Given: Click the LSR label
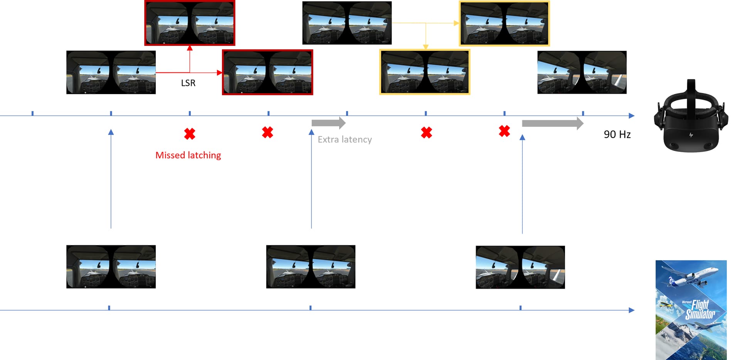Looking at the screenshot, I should pos(188,83).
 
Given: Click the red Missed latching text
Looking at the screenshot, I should pos(188,155).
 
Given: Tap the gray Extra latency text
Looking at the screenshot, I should pos(345,140).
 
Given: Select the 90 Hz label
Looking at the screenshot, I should pos(617,134).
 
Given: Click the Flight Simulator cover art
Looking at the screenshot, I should pos(691,310).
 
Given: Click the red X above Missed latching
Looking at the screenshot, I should pos(190,134).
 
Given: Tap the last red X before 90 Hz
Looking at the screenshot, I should pos(504,131).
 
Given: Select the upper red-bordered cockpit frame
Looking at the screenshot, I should pos(190,23).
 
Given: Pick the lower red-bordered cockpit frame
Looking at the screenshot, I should pos(267,72).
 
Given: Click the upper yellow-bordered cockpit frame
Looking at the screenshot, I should pos(504,24).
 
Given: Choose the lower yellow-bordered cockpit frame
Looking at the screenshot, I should pos(425,72).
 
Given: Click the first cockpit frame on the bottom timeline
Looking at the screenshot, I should pos(111,267).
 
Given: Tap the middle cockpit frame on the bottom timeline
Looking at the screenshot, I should pos(311,267).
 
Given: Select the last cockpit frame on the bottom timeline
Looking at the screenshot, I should pos(520,267).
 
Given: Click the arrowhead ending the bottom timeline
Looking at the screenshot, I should pos(631,310).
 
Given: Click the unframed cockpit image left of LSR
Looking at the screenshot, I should pos(111,72).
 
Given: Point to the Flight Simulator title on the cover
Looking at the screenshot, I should pos(700,310).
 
